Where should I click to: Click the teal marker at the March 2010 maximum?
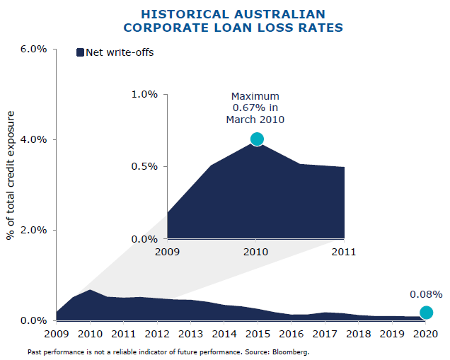tap(257, 139)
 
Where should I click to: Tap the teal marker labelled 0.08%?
tap(426, 313)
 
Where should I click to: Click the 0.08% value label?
tap(426, 294)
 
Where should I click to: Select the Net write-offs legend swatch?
tap(80, 52)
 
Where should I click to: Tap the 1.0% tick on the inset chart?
tap(145, 94)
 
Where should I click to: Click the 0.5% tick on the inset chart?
tap(145, 167)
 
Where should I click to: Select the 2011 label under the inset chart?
tap(344, 251)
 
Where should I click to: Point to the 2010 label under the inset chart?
tap(255, 251)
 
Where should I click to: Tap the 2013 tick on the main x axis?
tap(190, 333)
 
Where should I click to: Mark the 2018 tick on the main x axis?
tap(359, 333)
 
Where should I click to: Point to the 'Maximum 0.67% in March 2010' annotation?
tap(255, 108)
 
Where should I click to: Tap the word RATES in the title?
tap(321, 28)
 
